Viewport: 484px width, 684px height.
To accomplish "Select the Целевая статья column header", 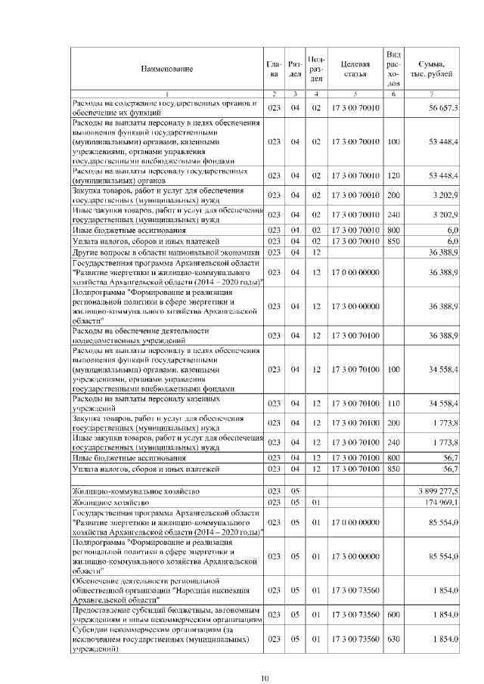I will (x=355, y=69).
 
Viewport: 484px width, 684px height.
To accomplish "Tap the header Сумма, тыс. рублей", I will (x=431, y=69).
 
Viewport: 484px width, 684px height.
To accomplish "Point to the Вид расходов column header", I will (x=393, y=69).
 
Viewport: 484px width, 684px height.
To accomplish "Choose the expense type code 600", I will (x=393, y=613).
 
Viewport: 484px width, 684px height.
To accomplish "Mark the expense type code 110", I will (x=393, y=403).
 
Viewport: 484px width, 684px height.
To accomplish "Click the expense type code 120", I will (x=393, y=176).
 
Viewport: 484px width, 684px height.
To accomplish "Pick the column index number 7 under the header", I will (x=431, y=93).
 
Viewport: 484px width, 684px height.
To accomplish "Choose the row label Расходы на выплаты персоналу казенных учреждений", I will (x=146, y=403).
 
